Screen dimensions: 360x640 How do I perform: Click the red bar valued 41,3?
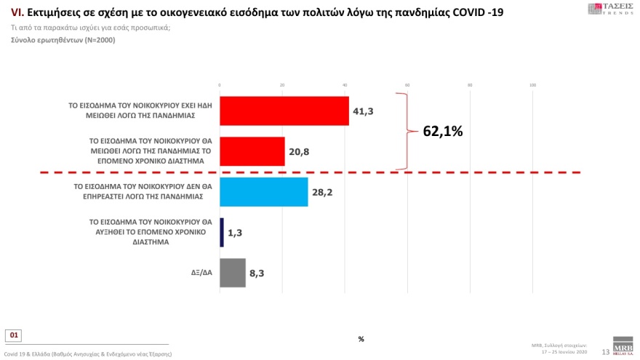(x=284, y=111)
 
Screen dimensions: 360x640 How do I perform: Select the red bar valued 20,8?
(x=252, y=151)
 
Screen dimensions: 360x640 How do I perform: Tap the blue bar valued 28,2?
(x=263, y=192)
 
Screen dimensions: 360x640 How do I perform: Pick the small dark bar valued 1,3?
(x=222, y=233)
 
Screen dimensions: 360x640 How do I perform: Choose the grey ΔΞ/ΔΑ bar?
(x=233, y=273)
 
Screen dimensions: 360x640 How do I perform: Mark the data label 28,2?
(x=323, y=192)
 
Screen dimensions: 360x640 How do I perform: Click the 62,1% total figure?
(x=442, y=132)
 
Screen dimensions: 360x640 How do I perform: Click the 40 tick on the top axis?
(x=345, y=85)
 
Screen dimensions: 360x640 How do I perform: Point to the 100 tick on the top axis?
(x=532, y=85)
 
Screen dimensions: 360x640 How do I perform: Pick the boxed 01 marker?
(x=14, y=335)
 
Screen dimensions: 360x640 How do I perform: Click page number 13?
(x=605, y=352)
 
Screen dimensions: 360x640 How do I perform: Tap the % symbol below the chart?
(x=361, y=339)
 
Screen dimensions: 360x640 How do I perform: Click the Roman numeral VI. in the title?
(x=17, y=13)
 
